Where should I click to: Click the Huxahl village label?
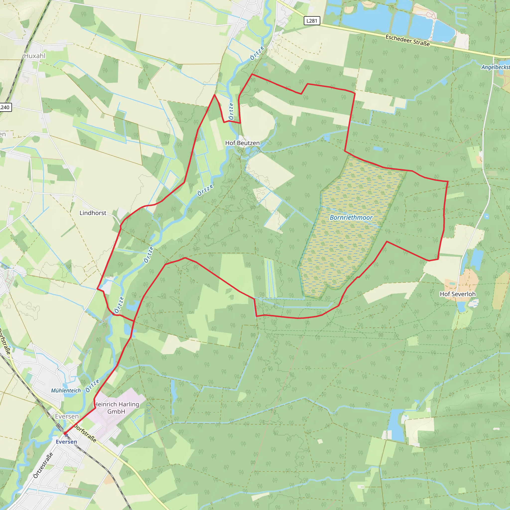point(35,56)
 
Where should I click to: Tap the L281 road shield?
point(312,21)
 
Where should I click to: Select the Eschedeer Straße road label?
point(408,41)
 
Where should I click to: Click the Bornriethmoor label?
point(351,217)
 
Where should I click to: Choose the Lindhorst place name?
point(93,213)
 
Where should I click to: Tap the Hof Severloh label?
point(457,294)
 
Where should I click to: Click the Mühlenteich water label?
point(66,391)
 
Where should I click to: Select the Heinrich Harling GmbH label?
point(116,408)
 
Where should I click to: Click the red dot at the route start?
point(65,434)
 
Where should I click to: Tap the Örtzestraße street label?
point(43,465)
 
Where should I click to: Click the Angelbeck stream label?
point(495,67)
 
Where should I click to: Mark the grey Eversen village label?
point(67,416)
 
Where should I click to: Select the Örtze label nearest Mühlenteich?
point(92,386)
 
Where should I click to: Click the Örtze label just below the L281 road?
point(257,53)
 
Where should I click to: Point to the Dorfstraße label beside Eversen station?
point(85,433)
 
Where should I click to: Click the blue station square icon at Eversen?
point(66,435)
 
